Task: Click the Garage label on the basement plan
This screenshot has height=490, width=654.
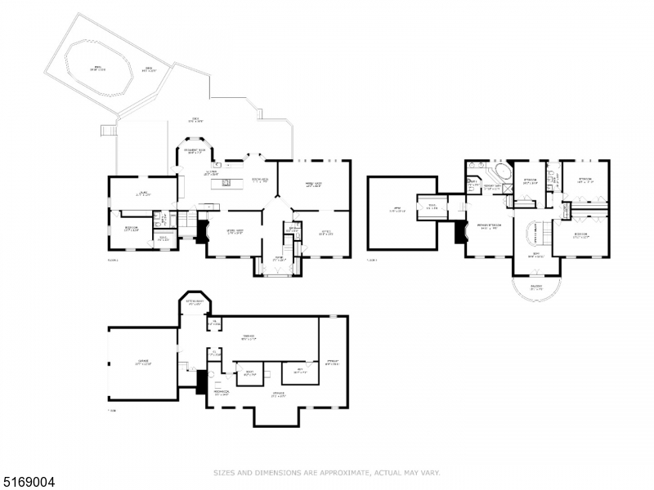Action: click(x=143, y=363)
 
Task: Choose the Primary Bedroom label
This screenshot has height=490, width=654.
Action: click(x=489, y=227)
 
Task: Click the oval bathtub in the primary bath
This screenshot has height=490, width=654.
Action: click(x=499, y=173)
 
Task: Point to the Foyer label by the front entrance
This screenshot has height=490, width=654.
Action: click(x=277, y=259)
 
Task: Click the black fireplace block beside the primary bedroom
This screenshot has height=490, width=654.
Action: click(x=459, y=232)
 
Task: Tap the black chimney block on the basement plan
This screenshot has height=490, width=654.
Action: click(x=202, y=382)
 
